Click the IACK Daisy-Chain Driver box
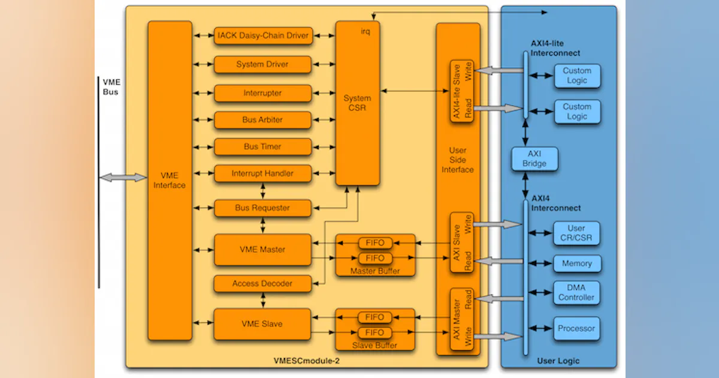click(x=262, y=36)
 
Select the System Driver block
click(x=262, y=65)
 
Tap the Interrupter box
click(x=262, y=94)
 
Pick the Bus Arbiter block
click(x=262, y=120)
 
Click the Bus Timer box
click(x=262, y=147)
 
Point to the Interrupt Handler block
click(x=262, y=174)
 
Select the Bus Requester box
click(x=262, y=208)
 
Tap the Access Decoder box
click(x=262, y=284)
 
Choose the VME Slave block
click(x=262, y=324)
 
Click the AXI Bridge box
click(x=534, y=159)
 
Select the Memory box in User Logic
click(x=576, y=264)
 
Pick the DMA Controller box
click(x=576, y=293)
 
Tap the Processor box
click(x=576, y=329)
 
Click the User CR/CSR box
click(x=576, y=233)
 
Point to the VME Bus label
click(x=111, y=87)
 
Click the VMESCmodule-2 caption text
click(x=304, y=361)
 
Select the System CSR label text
click(x=357, y=103)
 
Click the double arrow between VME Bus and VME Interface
click(x=123, y=178)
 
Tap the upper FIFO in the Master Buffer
click(x=375, y=243)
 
